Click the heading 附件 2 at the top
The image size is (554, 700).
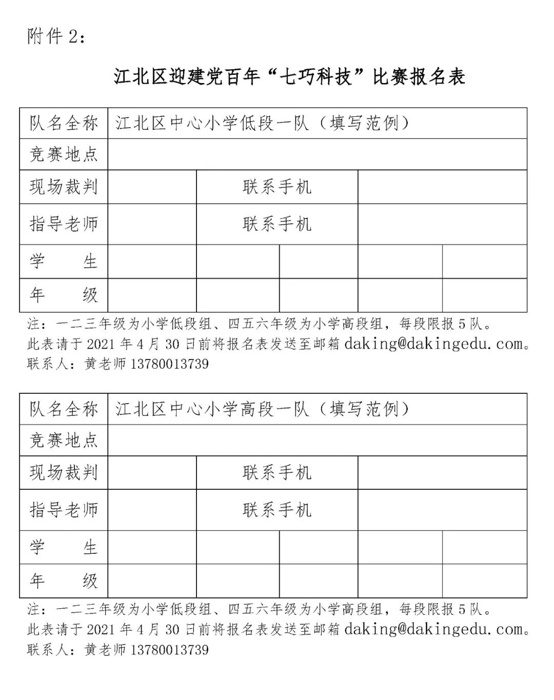pyautogui.click(x=57, y=36)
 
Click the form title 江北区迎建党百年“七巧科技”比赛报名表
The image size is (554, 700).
pyautogui.click(x=289, y=77)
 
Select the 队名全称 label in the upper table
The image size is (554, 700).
pyautogui.click(x=64, y=124)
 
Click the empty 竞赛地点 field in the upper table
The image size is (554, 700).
pyautogui.click(x=317, y=154)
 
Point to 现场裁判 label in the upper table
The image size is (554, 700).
pyautogui.click(x=64, y=187)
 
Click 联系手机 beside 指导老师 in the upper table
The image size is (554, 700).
pyautogui.click(x=277, y=224)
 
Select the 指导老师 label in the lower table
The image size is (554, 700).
pyautogui.click(x=64, y=510)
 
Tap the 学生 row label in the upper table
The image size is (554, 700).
pyautogui.click(x=64, y=262)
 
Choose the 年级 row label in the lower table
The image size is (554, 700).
pyautogui.click(x=64, y=581)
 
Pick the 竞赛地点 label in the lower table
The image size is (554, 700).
pyautogui.click(x=64, y=440)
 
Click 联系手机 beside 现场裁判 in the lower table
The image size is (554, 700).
pyautogui.click(x=277, y=473)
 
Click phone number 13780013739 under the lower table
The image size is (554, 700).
pyautogui.click(x=170, y=650)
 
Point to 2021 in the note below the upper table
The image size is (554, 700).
pyautogui.click(x=102, y=344)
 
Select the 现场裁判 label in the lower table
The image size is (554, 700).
pyautogui.click(x=64, y=473)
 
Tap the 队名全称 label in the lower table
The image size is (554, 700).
pyautogui.click(x=64, y=409)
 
